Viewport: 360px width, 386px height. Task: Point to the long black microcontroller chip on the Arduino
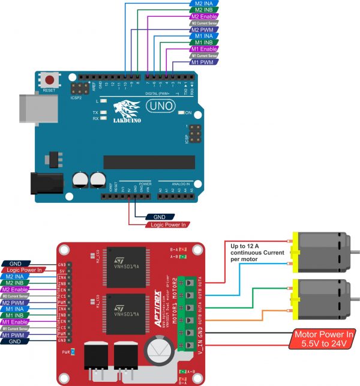(x=149, y=162)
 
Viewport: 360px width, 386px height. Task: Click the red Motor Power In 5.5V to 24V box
(x=322, y=339)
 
